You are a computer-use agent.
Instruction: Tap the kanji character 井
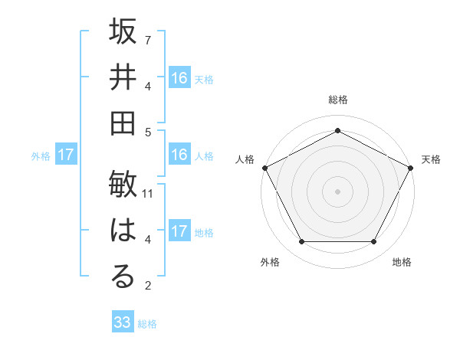(123, 78)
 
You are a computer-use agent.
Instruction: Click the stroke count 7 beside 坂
(148, 39)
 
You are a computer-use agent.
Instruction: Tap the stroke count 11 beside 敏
(148, 194)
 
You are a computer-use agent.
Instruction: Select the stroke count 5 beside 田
(148, 132)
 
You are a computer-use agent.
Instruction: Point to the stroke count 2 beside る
(148, 286)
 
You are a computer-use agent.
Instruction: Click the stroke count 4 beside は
(148, 241)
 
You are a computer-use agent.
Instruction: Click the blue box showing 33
(123, 322)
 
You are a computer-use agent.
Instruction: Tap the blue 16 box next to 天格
(179, 78)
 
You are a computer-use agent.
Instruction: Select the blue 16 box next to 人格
(179, 155)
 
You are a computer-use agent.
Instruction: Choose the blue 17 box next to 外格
(65, 155)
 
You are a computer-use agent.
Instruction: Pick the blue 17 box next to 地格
(179, 231)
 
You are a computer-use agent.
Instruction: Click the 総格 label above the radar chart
(337, 100)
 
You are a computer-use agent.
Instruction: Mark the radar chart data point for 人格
(264, 167)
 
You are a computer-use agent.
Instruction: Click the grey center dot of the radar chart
(337, 191)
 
